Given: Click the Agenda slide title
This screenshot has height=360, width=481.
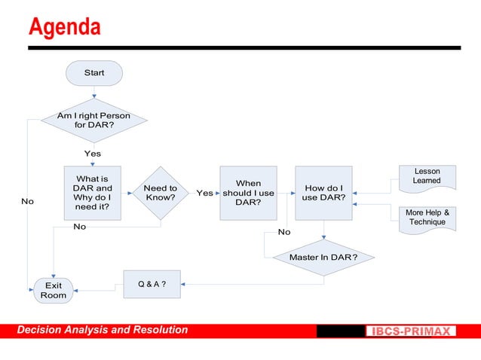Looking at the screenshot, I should pyautogui.click(x=64, y=27).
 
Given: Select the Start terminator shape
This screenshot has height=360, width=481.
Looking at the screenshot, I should pyautogui.click(x=94, y=73).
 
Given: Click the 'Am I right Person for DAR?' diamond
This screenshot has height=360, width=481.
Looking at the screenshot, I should pyautogui.click(x=93, y=121).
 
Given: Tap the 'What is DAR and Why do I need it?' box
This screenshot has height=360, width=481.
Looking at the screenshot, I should pyautogui.click(x=93, y=193).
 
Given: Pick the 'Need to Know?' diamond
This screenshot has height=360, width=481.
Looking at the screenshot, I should pyautogui.click(x=160, y=193).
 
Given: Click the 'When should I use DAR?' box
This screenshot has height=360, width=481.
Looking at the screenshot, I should pyautogui.click(x=248, y=193).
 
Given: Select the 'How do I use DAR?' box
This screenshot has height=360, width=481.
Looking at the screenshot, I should pyautogui.click(x=323, y=193).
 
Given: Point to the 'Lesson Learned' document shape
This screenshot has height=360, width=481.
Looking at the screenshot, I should pyautogui.click(x=427, y=176).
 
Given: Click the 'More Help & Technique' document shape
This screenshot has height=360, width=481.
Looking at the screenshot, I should pyautogui.click(x=427, y=218).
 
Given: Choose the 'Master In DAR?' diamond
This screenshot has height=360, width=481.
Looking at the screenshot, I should pyautogui.click(x=323, y=258).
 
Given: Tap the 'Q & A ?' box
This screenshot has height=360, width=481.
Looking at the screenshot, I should pyautogui.click(x=152, y=284).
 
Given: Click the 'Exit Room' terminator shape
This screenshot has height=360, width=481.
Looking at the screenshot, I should pyautogui.click(x=54, y=291).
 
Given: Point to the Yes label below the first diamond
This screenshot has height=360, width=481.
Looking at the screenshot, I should pyautogui.click(x=92, y=154).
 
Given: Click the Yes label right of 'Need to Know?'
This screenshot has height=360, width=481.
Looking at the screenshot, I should pyautogui.click(x=204, y=194).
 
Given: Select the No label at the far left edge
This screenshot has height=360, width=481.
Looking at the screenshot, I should pyautogui.click(x=27, y=202).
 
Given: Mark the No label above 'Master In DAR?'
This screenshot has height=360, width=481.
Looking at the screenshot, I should pyautogui.click(x=284, y=232).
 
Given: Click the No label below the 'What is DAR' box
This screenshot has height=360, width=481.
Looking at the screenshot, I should pyautogui.click(x=79, y=226).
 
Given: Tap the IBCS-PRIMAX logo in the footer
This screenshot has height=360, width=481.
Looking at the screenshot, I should pyautogui.click(x=412, y=331).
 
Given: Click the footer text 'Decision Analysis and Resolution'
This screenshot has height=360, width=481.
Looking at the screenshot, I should pyautogui.click(x=103, y=330).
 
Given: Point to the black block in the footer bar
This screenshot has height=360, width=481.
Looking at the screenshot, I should pyautogui.click(x=340, y=331).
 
